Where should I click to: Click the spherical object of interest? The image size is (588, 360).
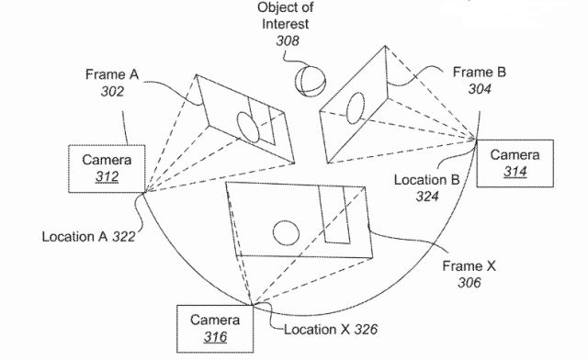pyautogui.click(x=310, y=82)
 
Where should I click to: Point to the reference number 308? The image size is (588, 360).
pyautogui.click(x=288, y=40)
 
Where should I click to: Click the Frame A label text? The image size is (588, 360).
pyautogui.click(x=112, y=74)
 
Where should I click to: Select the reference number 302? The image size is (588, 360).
pyautogui.click(x=112, y=92)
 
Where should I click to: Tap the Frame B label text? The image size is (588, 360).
pyautogui.click(x=479, y=72)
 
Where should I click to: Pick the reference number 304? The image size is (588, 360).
pyautogui.click(x=480, y=89)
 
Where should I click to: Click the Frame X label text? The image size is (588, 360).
pyautogui.click(x=469, y=266)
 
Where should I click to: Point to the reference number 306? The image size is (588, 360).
pyautogui.click(x=469, y=283)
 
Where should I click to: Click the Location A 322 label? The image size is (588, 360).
pyautogui.click(x=88, y=237)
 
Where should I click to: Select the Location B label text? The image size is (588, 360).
pyautogui.click(x=426, y=180)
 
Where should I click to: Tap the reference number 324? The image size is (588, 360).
pyautogui.click(x=427, y=197)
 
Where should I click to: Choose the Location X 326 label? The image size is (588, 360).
pyautogui.click(x=331, y=330)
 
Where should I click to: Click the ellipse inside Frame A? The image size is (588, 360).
pyautogui.click(x=248, y=127)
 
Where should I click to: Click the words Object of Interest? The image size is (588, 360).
pyautogui.click(x=285, y=16)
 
